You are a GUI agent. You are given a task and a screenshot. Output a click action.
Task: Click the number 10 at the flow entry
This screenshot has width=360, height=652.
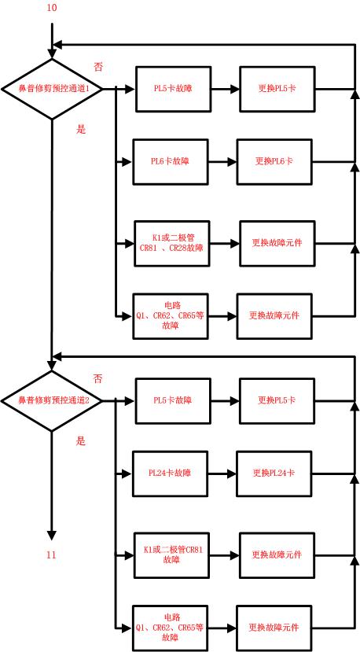point(52,8)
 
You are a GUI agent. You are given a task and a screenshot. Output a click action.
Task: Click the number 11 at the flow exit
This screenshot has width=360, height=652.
point(51,555)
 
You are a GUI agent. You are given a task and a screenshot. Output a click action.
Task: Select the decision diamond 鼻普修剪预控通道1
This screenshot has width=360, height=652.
point(53,89)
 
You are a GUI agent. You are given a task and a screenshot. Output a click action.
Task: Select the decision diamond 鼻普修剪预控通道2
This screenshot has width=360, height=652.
point(53,400)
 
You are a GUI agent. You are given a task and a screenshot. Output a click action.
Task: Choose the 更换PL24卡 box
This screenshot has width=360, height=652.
point(274,473)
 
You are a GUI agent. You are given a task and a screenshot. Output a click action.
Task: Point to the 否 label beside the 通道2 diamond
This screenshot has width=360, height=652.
point(98,378)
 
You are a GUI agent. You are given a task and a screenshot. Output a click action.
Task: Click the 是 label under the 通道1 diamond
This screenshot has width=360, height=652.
point(80,130)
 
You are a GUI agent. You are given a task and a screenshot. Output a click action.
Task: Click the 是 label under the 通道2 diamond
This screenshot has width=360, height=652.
point(80,441)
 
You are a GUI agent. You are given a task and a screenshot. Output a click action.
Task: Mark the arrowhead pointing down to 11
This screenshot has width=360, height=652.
point(52,535)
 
